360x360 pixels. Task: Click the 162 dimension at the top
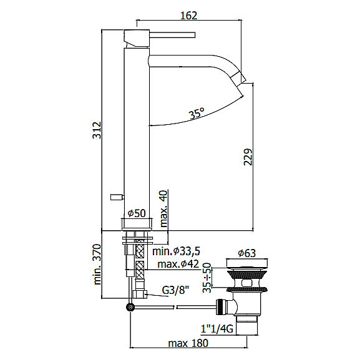188,16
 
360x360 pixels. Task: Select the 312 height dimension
97,130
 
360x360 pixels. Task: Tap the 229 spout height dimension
248,157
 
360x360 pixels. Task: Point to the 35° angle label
197,114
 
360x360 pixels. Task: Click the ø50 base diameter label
137,213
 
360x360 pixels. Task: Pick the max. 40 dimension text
164,208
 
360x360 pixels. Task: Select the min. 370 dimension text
97,265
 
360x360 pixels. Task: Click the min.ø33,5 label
177,251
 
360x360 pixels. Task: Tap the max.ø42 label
178,264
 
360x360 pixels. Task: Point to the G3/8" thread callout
175,291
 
